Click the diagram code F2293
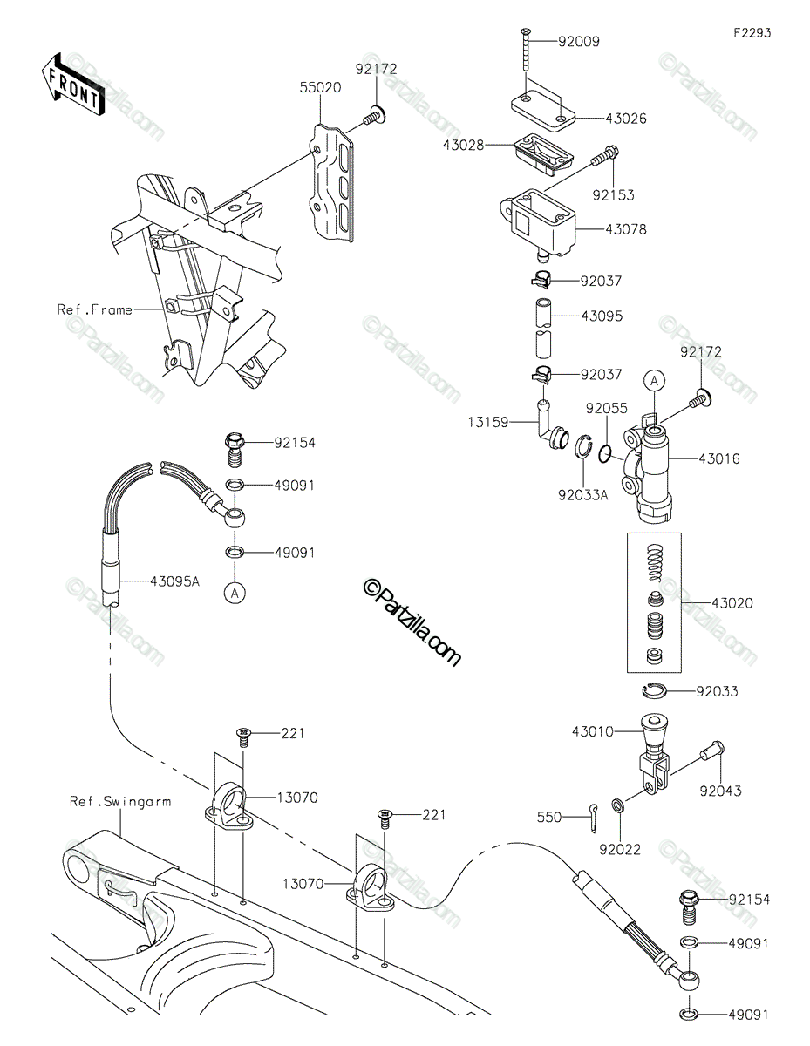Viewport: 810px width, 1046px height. coord(752,33)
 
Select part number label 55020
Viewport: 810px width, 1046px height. coord(320,88)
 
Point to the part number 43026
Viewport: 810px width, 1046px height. coord(626,119)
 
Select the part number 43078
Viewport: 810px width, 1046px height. coord(626,229)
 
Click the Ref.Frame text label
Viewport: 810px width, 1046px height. coord(94,309)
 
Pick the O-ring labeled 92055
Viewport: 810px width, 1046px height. coord(605,454)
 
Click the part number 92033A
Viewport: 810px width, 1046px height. coord(582,495)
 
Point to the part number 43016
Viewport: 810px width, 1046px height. coord(719,458)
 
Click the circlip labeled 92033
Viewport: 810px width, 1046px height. coord(654,690)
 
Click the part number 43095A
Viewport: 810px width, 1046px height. coord(174,581)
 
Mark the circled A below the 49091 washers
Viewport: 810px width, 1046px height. coord(235,593)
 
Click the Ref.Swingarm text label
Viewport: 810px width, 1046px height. coord(120,801)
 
